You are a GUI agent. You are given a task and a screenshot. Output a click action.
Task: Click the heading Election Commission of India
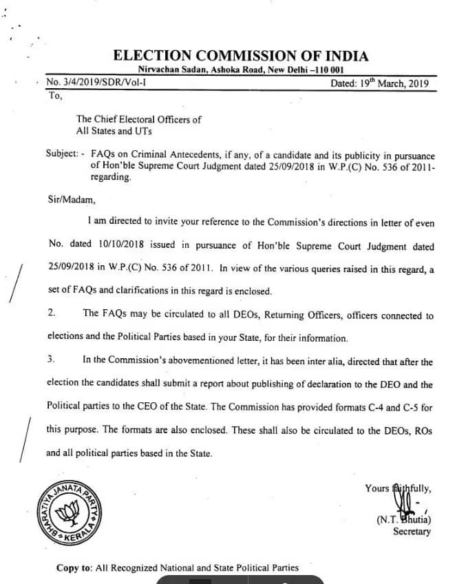(240, 56)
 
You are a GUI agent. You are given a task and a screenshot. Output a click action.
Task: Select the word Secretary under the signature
(412, 531)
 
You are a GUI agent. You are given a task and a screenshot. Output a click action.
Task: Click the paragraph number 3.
(51, 360)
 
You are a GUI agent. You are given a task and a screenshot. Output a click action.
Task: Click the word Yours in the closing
(377, 488)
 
